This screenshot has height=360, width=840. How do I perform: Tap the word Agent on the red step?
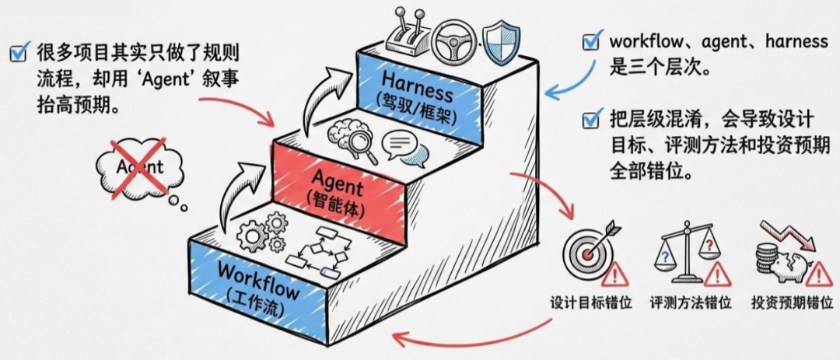338,187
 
